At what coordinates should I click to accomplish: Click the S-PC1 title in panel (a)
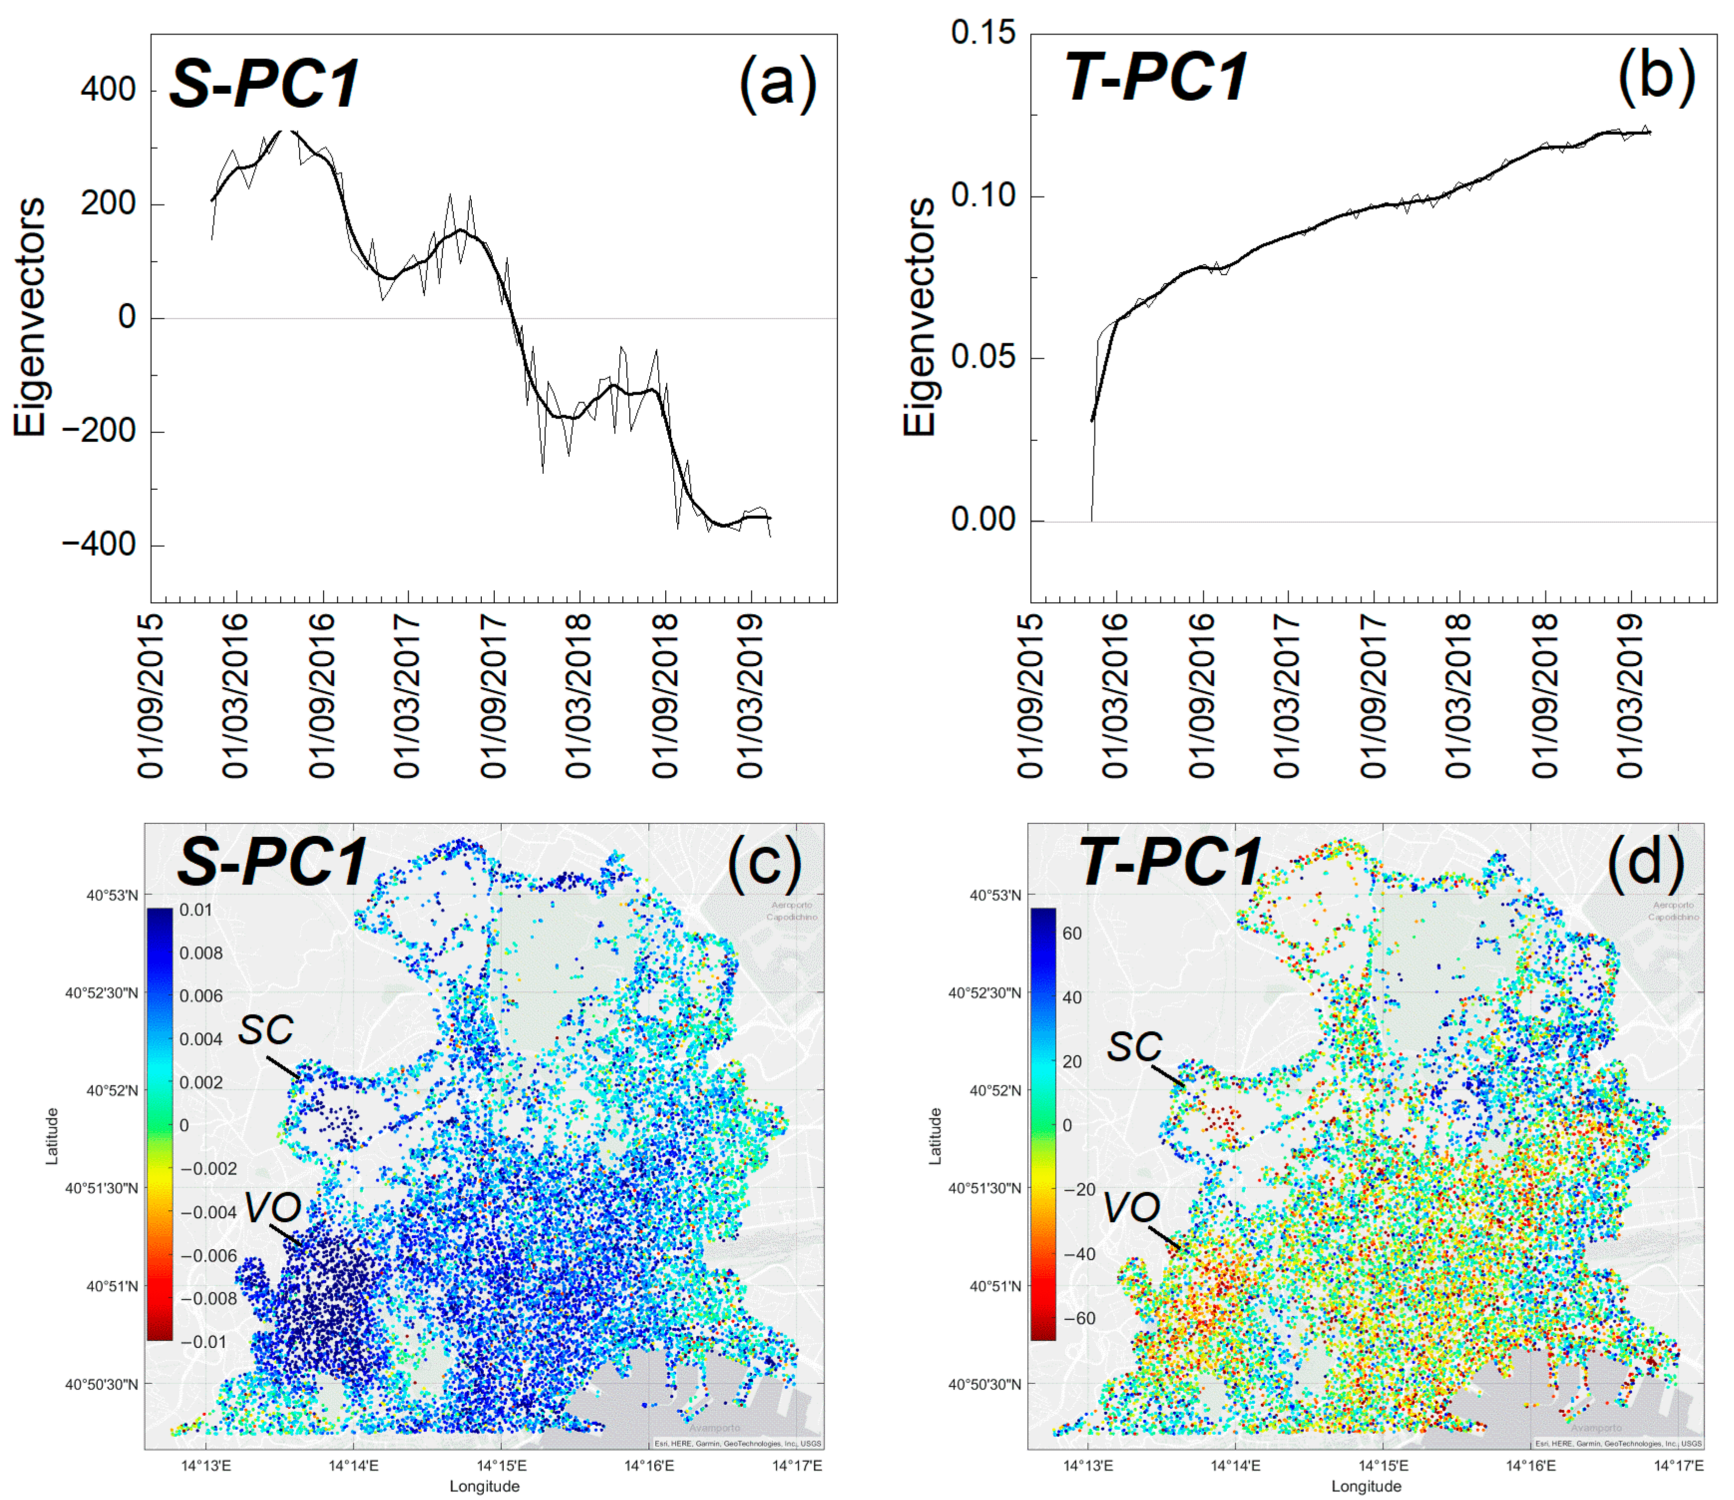pos(265,84)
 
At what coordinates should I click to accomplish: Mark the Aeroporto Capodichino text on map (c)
pos(791,911)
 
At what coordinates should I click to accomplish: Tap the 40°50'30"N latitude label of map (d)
pos(984,1384)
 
